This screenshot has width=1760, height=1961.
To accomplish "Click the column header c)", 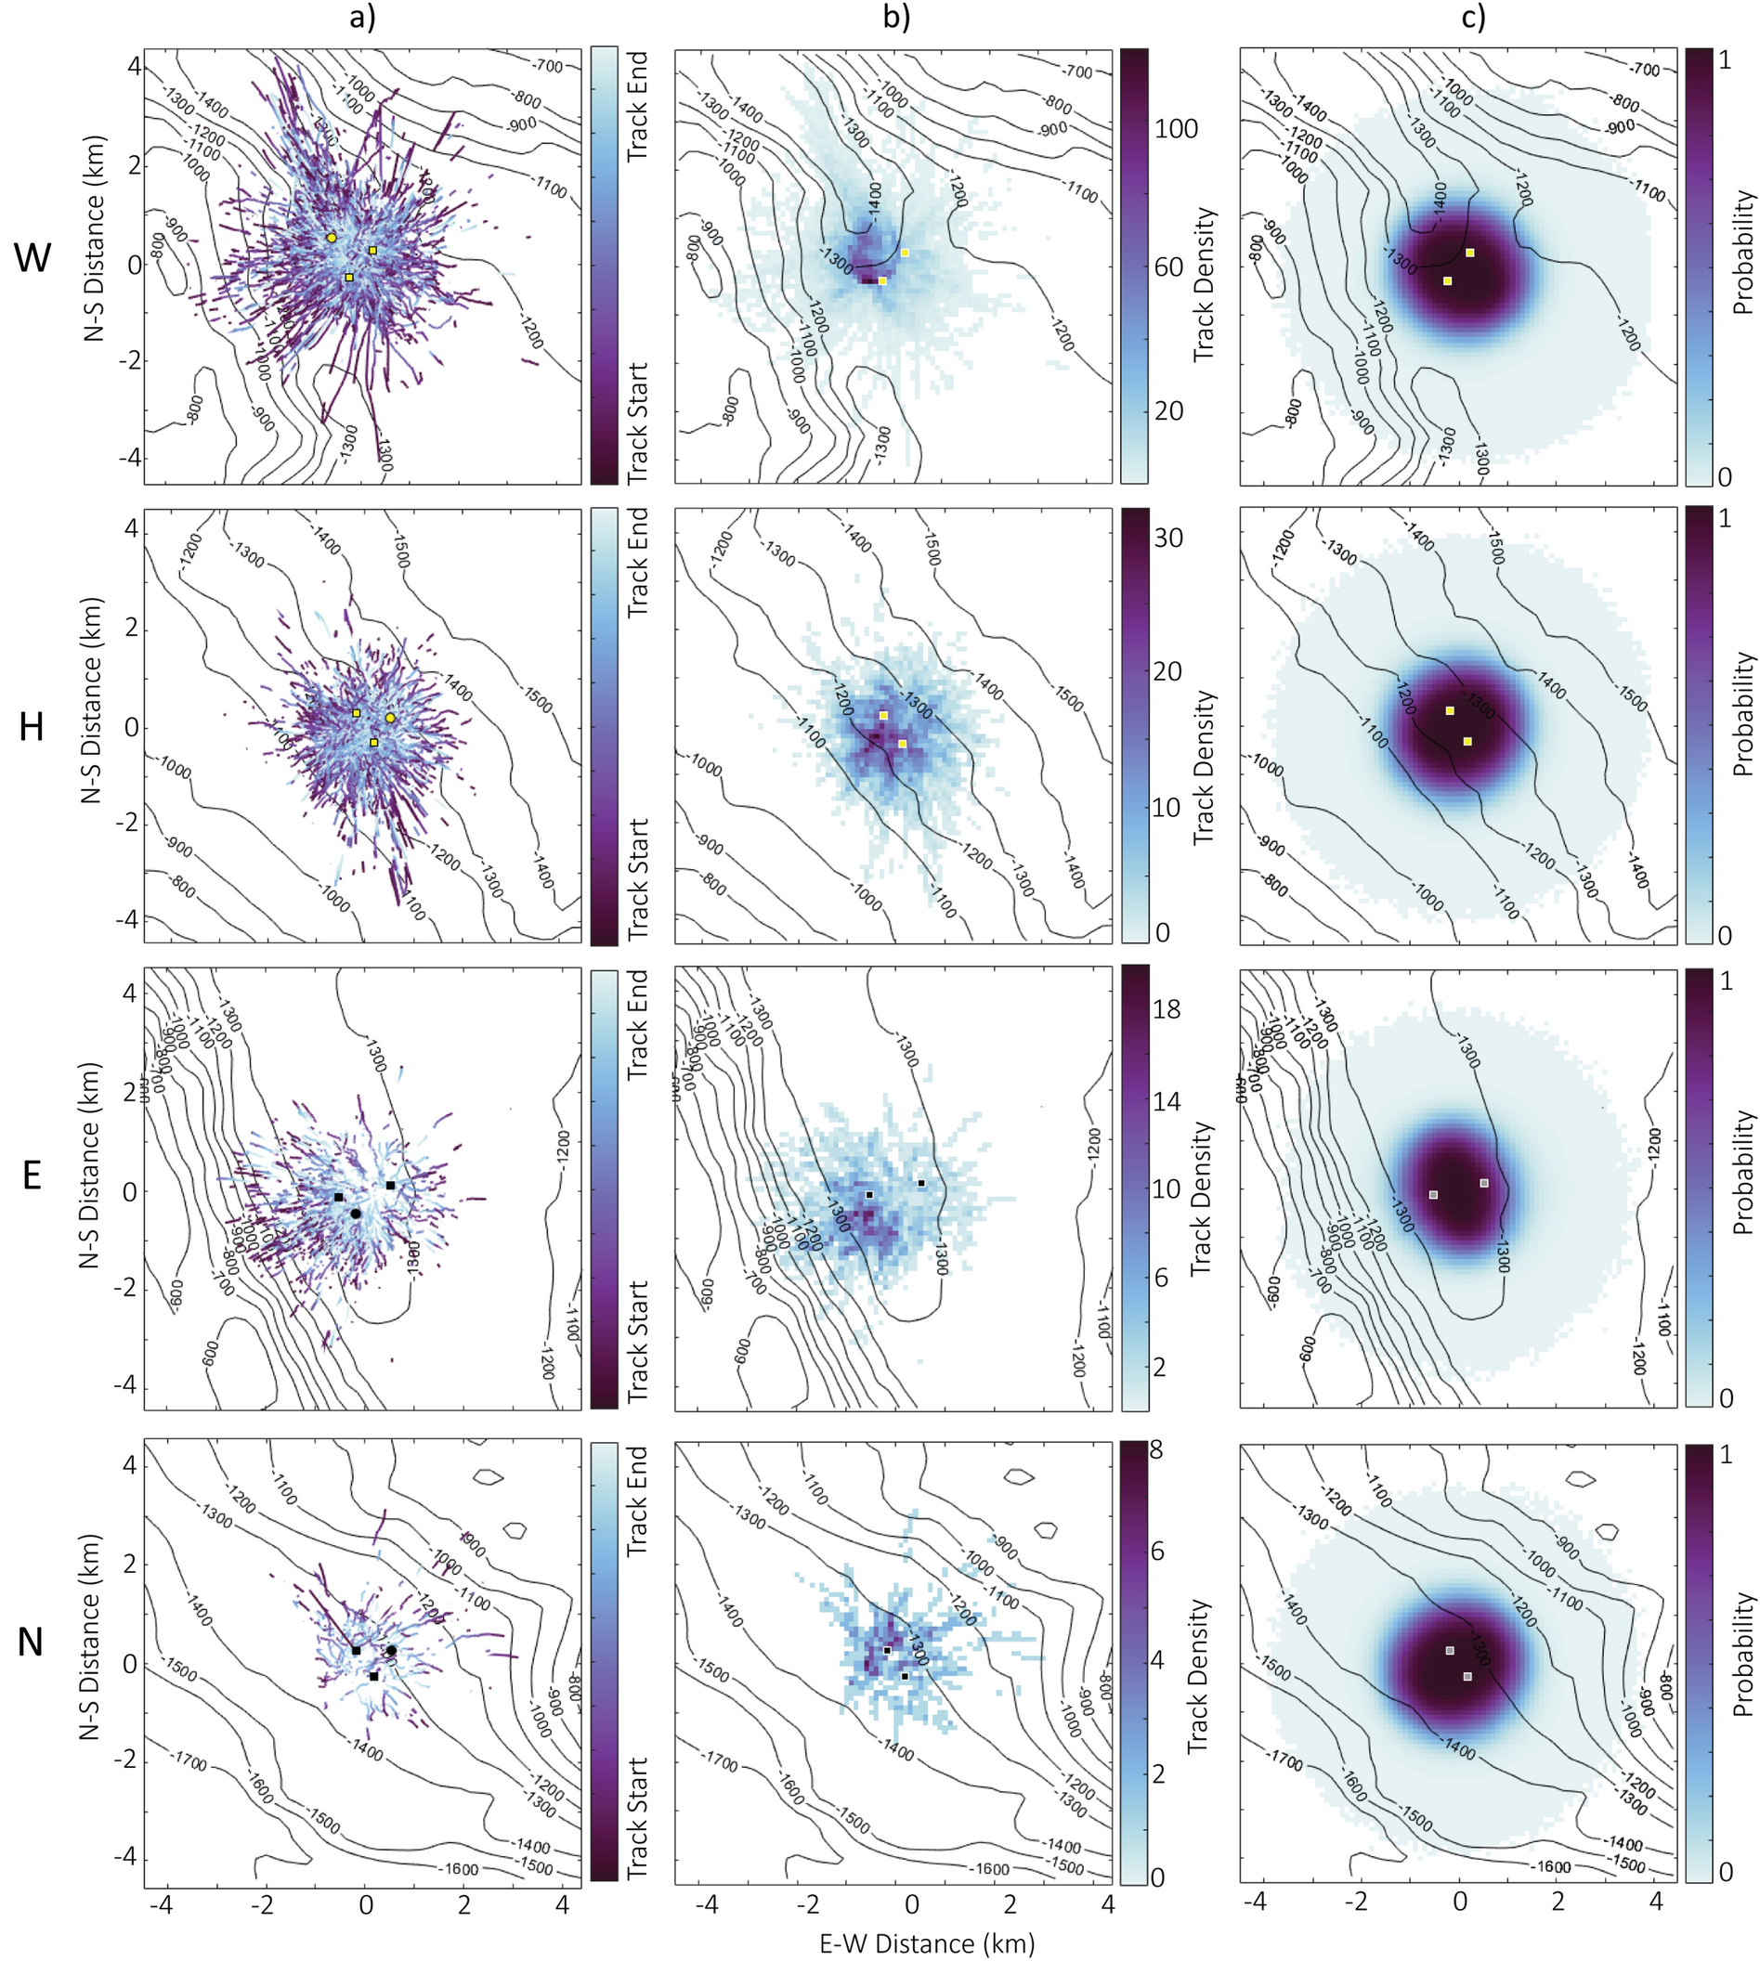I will pos(1473,19).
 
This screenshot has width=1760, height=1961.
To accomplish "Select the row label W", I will pos(32,257).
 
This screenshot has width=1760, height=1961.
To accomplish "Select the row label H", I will pos(32,725).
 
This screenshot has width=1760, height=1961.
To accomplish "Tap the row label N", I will pos(32,1641).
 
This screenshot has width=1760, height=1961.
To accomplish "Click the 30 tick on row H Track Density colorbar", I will pos(1169,539).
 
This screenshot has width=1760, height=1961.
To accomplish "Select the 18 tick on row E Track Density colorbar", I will pos(1167,1009).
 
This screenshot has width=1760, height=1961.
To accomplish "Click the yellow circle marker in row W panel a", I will pos(332,237).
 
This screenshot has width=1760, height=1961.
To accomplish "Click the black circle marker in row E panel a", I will pos(356,1213).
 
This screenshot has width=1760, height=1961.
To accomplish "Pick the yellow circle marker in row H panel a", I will pos(390,718).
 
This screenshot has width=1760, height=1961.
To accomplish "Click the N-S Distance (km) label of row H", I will pos(93,725).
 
